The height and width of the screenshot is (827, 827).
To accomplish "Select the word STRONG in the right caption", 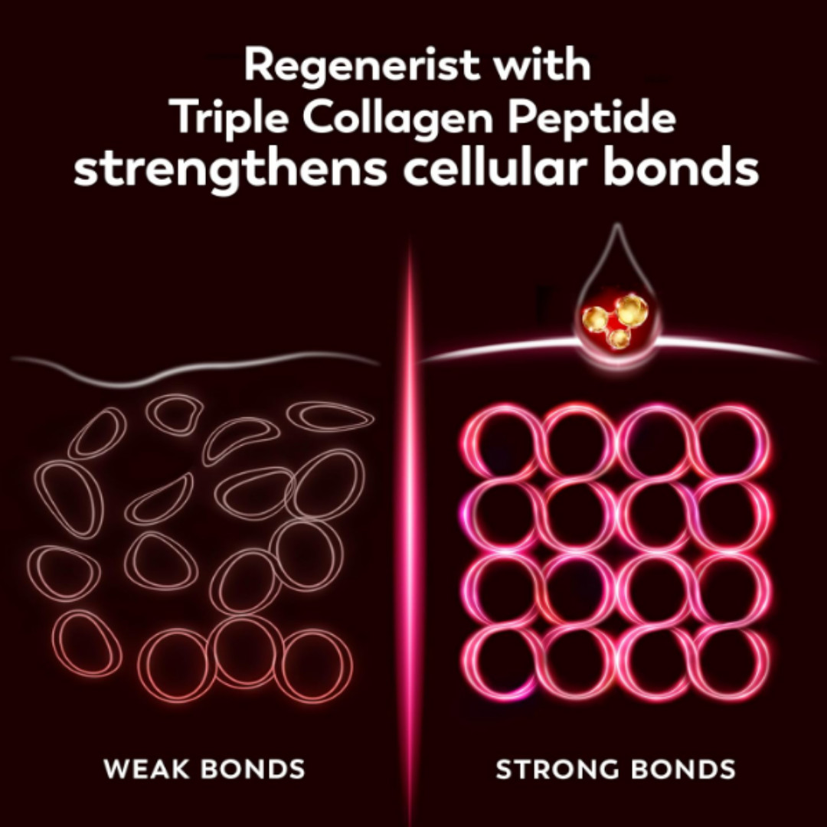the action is point(557,769).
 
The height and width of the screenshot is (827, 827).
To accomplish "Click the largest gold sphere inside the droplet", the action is point(631,309).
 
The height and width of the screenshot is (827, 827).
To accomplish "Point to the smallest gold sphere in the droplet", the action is point(618,338).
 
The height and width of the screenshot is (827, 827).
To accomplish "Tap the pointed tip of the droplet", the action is point(616,224).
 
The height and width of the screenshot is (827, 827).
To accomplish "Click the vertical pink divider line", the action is point(409,533).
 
